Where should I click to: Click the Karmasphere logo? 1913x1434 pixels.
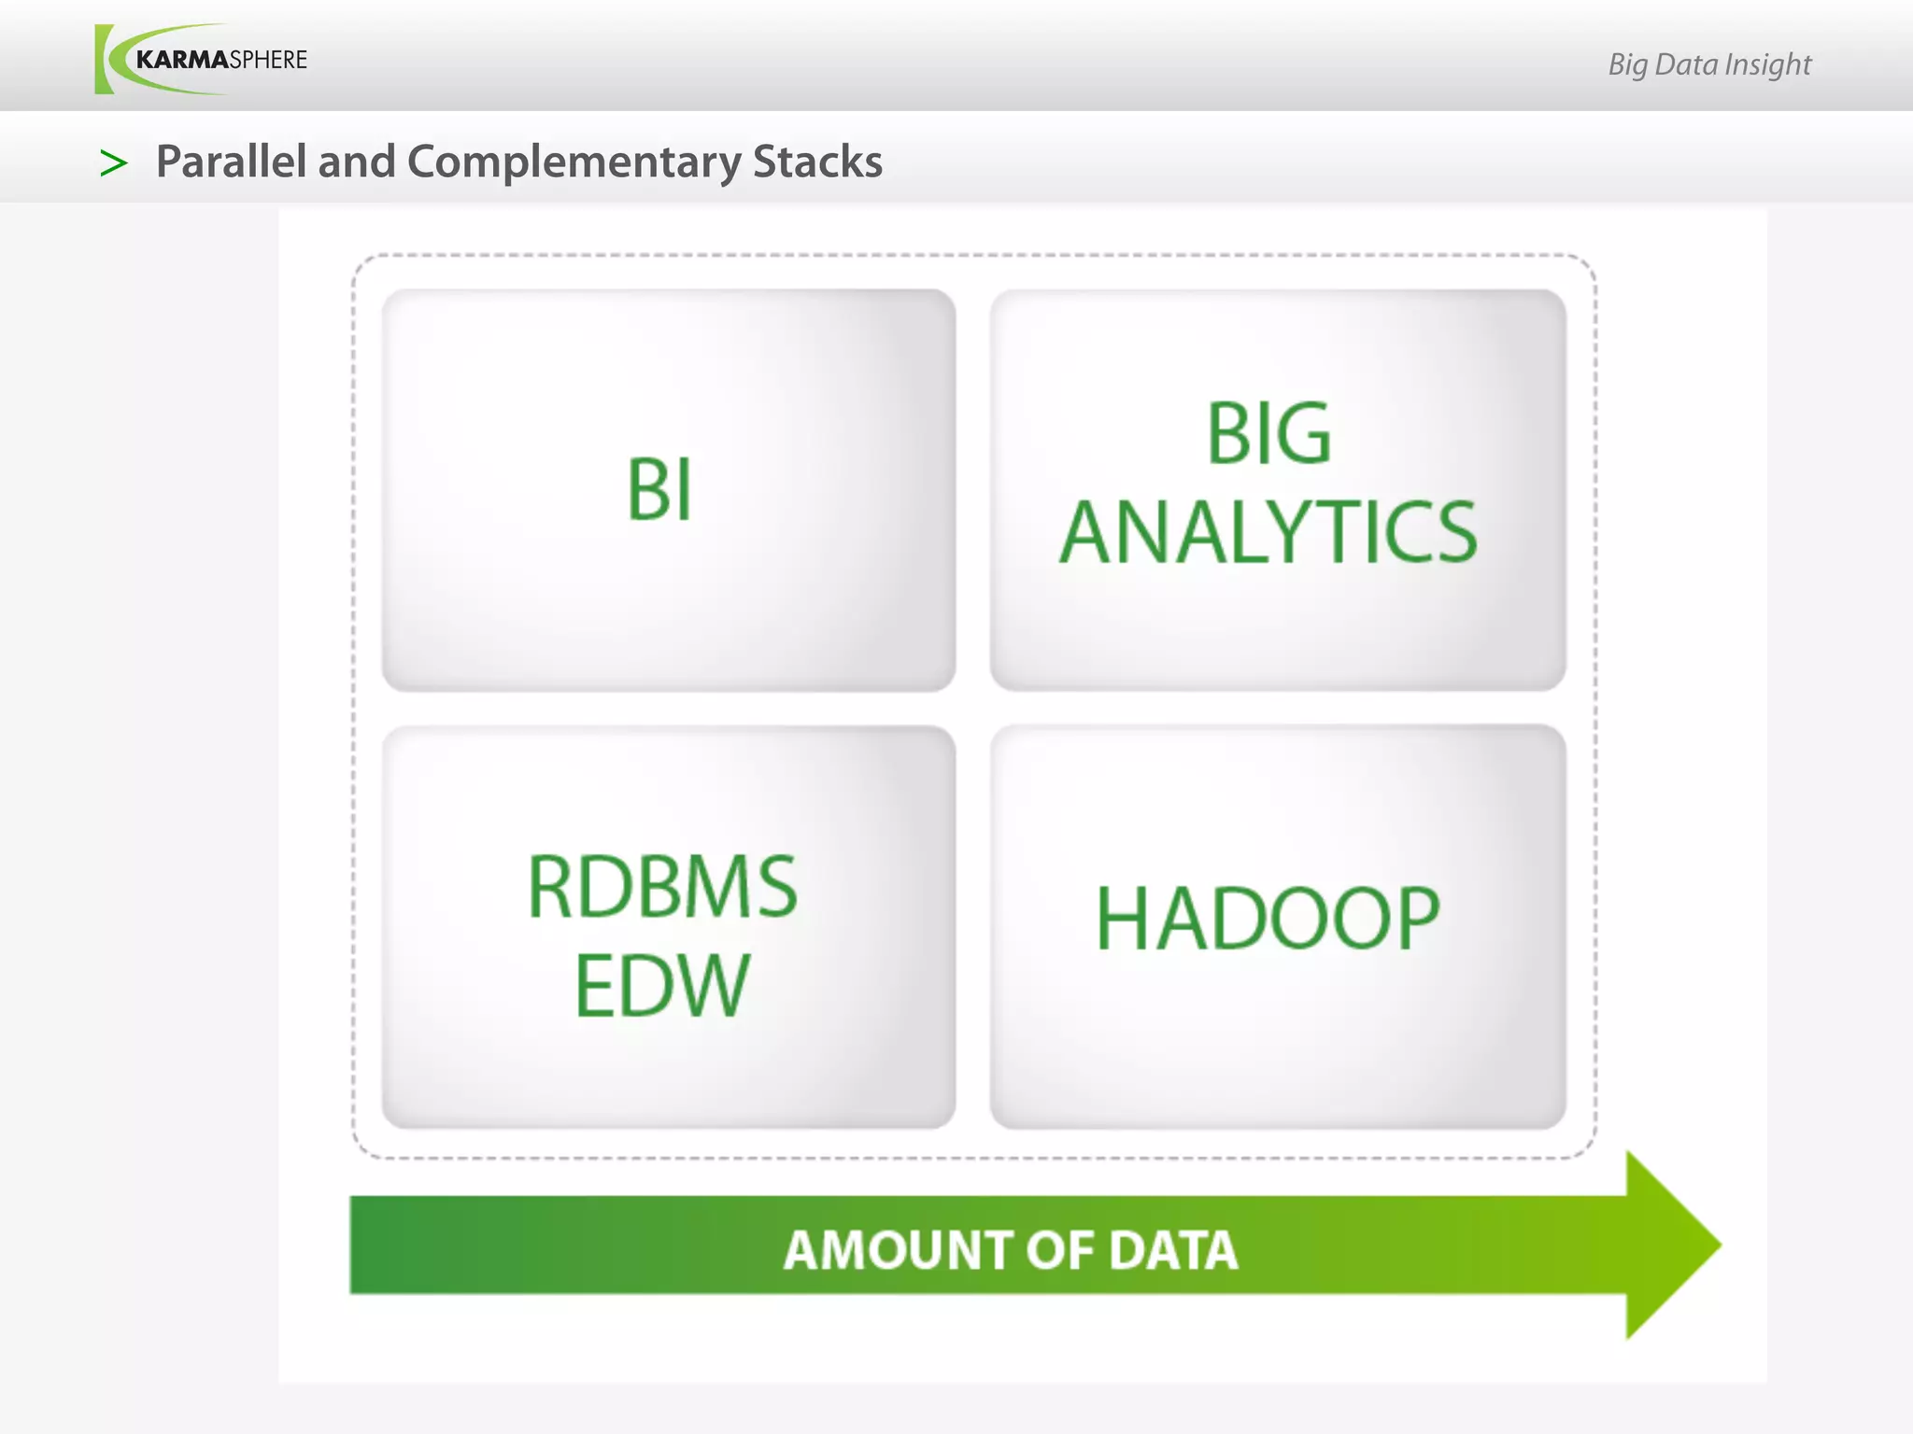[x=201, y=60]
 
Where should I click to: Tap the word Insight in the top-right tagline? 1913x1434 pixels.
[x=1767, y=64]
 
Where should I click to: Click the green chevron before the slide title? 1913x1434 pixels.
[x=113, y=163]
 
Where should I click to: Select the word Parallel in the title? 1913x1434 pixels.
[x=231, y=162]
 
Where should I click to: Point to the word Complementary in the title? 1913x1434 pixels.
[x=574, y=162]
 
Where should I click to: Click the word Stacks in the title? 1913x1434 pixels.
[x=817, y=162]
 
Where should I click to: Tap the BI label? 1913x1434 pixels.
[x=659, y=490]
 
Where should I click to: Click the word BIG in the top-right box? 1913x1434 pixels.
[x=1268, y=433]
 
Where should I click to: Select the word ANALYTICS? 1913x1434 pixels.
[x=1268, y=532]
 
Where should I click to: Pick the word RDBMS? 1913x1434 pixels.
[x=662, y=887]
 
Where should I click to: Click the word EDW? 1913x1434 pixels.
[x=662, y=986]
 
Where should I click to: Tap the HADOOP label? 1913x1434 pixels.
[x=1268, y=920]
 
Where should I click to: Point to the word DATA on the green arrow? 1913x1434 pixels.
[x=1172, y=1250]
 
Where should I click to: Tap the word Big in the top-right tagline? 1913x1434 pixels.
[x=1627, y=64]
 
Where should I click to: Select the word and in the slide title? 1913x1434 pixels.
[x=357, y=162]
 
